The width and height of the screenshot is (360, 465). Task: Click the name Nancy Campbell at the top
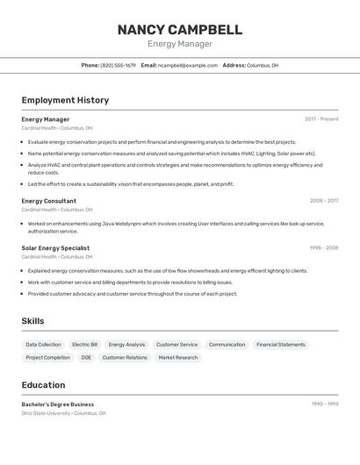point(179,30)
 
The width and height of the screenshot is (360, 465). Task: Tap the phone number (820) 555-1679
point(118,65)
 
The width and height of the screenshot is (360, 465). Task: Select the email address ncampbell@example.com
point(187,65)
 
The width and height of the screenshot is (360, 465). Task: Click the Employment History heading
point(65,100)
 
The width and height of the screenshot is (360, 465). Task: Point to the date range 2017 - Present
point(321,119)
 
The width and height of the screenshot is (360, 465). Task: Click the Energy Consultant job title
point(48,201)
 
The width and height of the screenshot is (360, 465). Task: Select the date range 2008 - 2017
point(324,201)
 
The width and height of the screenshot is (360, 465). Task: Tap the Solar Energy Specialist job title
point(55,248)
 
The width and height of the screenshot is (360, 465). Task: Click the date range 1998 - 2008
point(324,248)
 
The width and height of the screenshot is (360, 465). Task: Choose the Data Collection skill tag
point(43,345)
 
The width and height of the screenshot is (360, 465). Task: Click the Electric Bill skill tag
point(85,345)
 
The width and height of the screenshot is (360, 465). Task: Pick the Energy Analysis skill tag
point(127,345)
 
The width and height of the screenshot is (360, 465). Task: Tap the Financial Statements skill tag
point(281,345)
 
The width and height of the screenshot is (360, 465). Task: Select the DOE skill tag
point(86,358)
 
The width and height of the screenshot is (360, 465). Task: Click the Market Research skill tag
point(178,358)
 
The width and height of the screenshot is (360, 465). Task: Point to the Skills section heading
point(32,321)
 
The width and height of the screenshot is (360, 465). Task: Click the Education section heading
point(43,384)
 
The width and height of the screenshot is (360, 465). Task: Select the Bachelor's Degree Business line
point(57,404)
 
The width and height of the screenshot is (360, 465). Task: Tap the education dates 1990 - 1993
point(324,404)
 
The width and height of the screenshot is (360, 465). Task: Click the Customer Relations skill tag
point(125,358)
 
